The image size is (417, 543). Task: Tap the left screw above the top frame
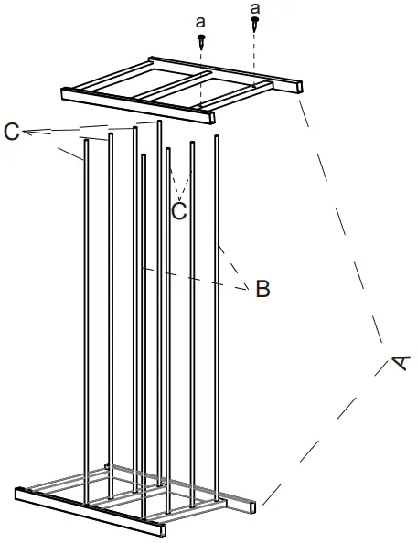(201, 40)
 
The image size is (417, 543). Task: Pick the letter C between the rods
(179, 210)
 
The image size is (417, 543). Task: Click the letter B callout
(262, 290)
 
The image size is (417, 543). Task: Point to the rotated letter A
(398, 363)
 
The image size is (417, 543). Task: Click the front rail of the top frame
(137, 104)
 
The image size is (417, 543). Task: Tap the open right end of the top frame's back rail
(296, 87)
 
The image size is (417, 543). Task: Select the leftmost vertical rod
(87, 320)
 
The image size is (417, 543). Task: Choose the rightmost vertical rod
(218, 320)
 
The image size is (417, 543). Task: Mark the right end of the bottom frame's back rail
(252, 504)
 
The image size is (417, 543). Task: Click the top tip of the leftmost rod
(86, 140)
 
